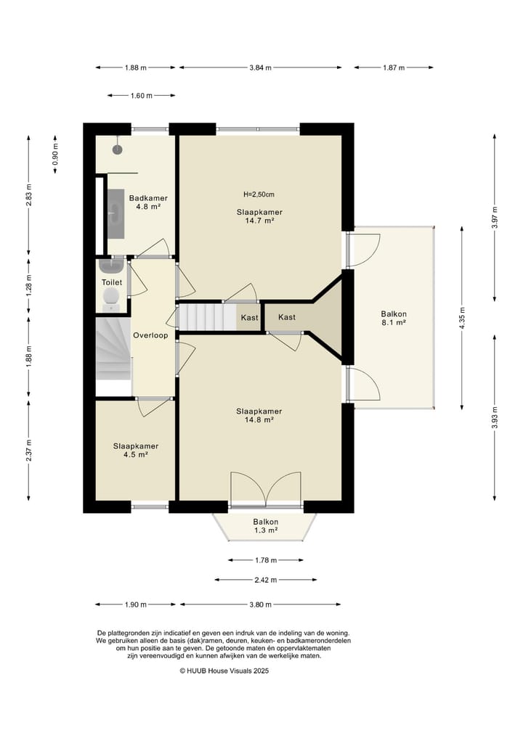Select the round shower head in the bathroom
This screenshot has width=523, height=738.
tap(118, 149)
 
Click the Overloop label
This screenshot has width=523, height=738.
tap(150, 335)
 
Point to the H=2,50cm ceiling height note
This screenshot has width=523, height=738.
tap(259, 194)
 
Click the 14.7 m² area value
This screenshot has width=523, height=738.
tap(259, 221)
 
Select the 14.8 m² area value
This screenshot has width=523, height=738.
tap(259, 420)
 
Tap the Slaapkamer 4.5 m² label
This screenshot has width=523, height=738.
tap(136, 451)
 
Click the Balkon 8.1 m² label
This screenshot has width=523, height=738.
tap(394, 318)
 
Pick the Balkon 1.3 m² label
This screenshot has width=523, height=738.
tap(266, 526)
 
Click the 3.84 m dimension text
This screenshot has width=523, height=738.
tap(261, 67)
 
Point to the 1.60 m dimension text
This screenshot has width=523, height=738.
tap(142, 96)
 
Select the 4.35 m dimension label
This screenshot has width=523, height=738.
tap(462, 319)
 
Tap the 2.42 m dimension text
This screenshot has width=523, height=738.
tap(266, 580)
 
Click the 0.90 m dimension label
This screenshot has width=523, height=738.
tap(56, 156)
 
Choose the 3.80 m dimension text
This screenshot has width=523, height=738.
tap(260, 604)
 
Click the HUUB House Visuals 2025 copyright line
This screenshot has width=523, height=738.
tap(224, 671)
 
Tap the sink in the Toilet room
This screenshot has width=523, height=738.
tap(111, 266)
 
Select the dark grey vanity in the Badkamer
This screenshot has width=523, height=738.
tap(116, 214)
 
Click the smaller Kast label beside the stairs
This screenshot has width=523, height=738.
tap(250, 318)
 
